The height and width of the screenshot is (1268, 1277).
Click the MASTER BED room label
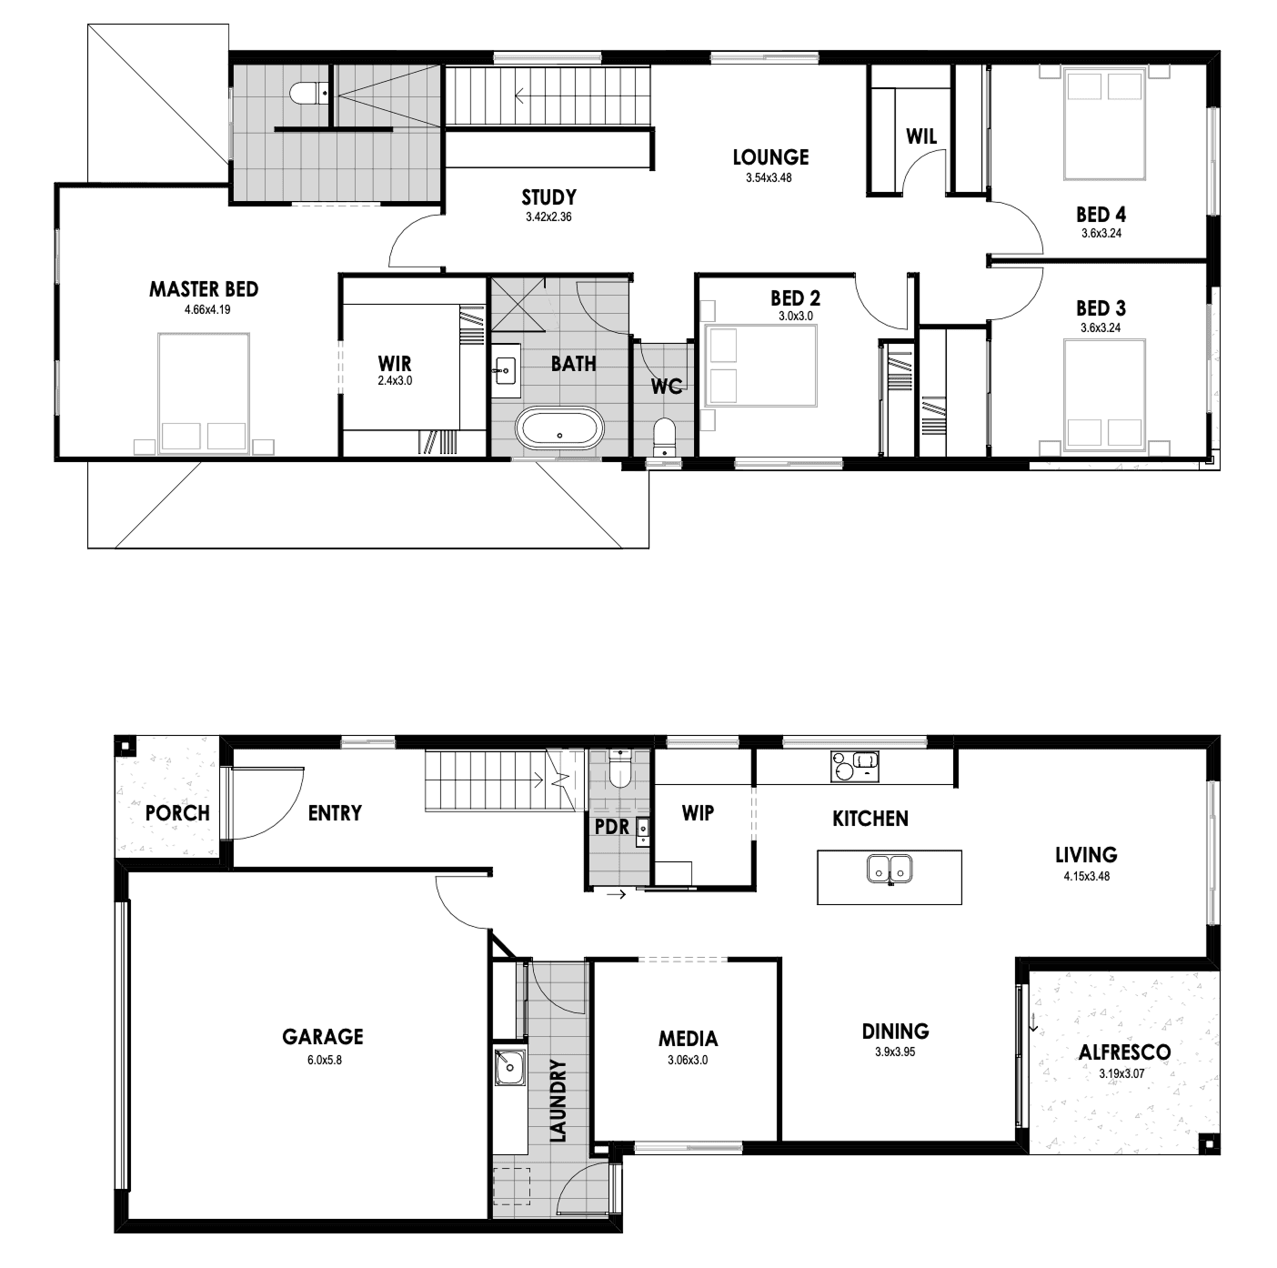click(x=204, y=289)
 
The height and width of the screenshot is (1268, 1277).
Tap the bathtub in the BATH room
click(x=560, y=428)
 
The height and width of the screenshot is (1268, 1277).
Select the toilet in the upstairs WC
click(x=663, y=436)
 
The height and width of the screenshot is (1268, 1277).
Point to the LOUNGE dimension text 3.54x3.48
click(x=769, y=177)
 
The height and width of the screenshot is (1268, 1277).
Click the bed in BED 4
click(x=1105, y=126)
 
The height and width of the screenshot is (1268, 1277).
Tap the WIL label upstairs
click(x=921, y=136)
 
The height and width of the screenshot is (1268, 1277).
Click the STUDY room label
click(x=548, y=197)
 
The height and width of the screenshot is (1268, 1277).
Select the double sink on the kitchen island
click(x=890, y=869)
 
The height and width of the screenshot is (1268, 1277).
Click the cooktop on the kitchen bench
click(x=854, y=766)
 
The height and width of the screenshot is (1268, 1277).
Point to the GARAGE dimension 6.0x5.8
click(x=324, y=1060)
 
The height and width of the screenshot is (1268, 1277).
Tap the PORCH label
click(x=177, y=812)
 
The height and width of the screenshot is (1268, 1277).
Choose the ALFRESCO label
click(x=1124, y=1052)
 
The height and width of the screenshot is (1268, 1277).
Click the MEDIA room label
click(x=688, y=1039)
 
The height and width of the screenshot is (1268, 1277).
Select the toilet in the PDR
click(x=619, y=769)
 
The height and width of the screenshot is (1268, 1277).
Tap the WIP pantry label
click(x=698, y=812)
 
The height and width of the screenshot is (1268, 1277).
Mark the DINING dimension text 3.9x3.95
click(x=895, y=1052)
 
